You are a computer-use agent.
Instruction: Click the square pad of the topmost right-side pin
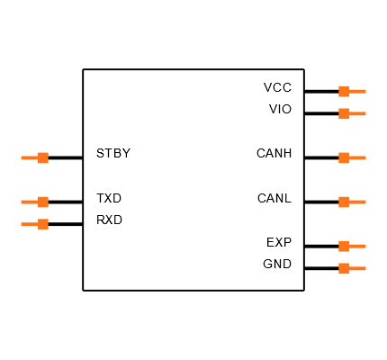click(x=344, y=91)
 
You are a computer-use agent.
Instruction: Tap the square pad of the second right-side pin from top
click(x=344, y=113)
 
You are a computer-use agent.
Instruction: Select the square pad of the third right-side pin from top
click(x=344, y=157)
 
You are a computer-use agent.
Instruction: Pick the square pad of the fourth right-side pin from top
click(x=344, y=202)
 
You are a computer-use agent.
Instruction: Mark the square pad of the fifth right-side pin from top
click(x=344, y=246)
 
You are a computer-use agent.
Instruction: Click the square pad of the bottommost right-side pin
click(x=344, y=268)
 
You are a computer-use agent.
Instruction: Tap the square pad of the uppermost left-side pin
click(x=43, y=157)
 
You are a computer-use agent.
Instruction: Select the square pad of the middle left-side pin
click(x=43, y=202)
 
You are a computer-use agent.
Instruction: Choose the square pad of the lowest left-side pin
click(x=43, y=224)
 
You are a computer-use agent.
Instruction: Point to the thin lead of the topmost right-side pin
click(x=358, y=91)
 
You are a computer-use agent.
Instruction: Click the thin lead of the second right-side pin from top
click(x=358, y=113)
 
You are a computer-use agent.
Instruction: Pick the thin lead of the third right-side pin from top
click(x=358, y=157)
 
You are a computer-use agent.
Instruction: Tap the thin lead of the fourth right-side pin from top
click(x=358, y=202)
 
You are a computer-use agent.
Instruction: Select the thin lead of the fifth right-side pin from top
click(x=358, y=246)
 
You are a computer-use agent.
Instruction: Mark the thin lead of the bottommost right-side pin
click(x=358, y=268)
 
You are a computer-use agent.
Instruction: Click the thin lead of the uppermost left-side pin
click(x=29, y=157)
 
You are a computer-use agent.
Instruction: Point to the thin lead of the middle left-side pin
click(x=29, y=202)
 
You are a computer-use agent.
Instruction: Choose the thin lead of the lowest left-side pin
click(x=29, y=224)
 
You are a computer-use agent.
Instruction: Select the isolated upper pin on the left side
click(x=36, y=157)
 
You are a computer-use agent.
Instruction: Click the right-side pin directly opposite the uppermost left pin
click(x=351, y=157)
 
